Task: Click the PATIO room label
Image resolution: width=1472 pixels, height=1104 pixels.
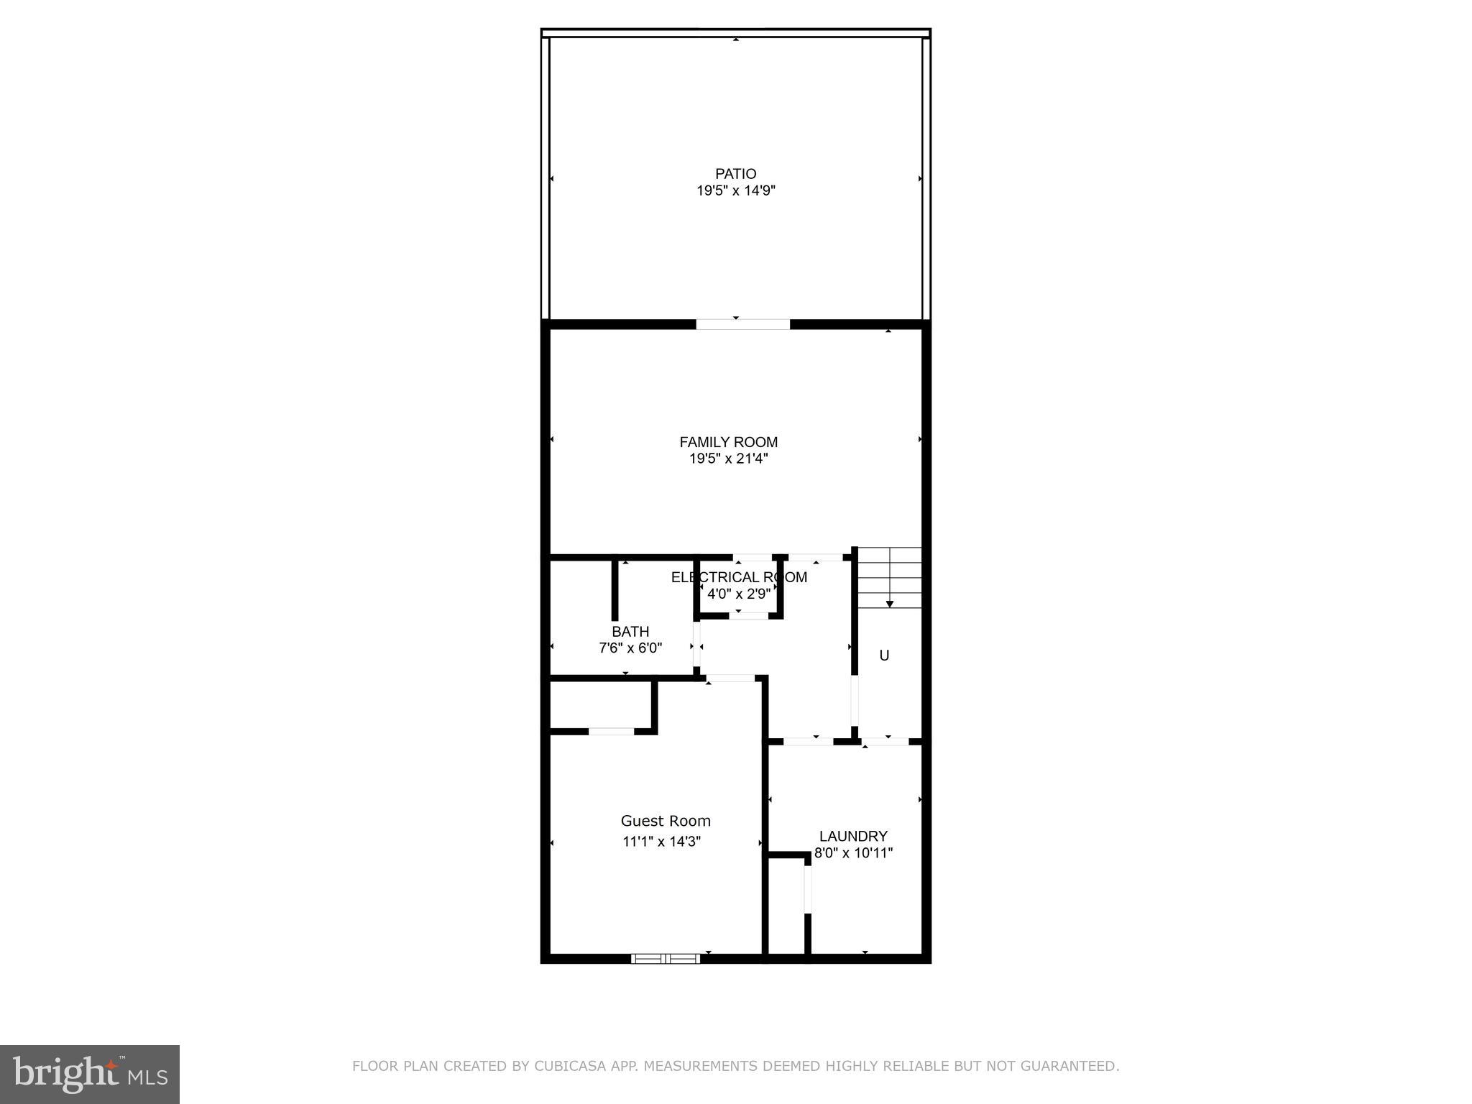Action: click(x=735, y=174)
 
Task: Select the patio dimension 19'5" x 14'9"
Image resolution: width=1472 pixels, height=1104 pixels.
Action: click(x=735, y=191)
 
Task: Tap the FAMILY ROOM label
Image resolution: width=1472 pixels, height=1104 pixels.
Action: click(x=728, y=442)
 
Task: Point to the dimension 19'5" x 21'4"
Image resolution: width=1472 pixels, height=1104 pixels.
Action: click(x=728, y=459)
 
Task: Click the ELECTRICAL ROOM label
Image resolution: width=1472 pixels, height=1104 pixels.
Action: click(x=738, y=577)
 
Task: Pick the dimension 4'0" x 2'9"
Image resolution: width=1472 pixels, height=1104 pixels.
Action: click(x=738, y=594)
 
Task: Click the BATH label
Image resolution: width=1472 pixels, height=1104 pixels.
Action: click(x=630, y=632)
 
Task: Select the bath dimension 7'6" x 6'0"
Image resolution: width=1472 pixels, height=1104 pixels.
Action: click(x=630, y=648)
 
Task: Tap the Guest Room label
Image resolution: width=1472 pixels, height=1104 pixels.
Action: click(x=666, y=821)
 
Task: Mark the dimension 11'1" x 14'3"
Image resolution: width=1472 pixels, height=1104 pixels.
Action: click(x=661, y=842)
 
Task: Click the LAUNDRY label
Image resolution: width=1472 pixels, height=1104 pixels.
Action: click(x=853, y=837)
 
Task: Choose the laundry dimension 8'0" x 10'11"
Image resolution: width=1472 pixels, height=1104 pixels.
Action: click(x=853, y=854)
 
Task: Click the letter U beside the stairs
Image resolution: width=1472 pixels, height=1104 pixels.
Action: click(x=884, y=655)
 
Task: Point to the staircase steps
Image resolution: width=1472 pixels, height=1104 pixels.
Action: click(x=890, y=575)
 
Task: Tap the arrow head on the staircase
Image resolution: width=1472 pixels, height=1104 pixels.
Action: click(x=890, y=604)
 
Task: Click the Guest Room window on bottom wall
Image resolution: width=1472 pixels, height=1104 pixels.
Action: click(x=666, y=958)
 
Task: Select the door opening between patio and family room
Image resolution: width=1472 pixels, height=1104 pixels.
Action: click(x=742, y=325)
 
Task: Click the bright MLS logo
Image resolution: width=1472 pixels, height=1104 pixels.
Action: click(x=90, y=1074)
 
